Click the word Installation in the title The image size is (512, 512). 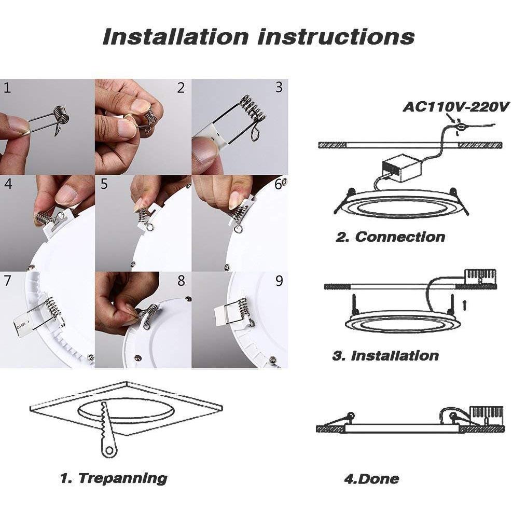tap(176, 36)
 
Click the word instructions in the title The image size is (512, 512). tap(336, 36)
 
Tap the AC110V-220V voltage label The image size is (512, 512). tap(456, 107)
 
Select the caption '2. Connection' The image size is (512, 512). tap(390, 237)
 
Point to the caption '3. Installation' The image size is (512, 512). tap(385, 355)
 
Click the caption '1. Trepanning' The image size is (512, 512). tap(114, 478)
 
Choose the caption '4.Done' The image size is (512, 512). tap(371, 479)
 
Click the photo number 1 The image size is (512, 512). tap(7, 88)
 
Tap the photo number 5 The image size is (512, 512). tap(104, 184)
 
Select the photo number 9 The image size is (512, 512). tap(279, 281)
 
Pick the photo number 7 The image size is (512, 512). tap(7, 281)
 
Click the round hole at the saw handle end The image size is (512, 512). tap(109, 451)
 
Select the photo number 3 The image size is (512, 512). tap(279, 87)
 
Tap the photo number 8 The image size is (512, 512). tap(181, 281)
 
